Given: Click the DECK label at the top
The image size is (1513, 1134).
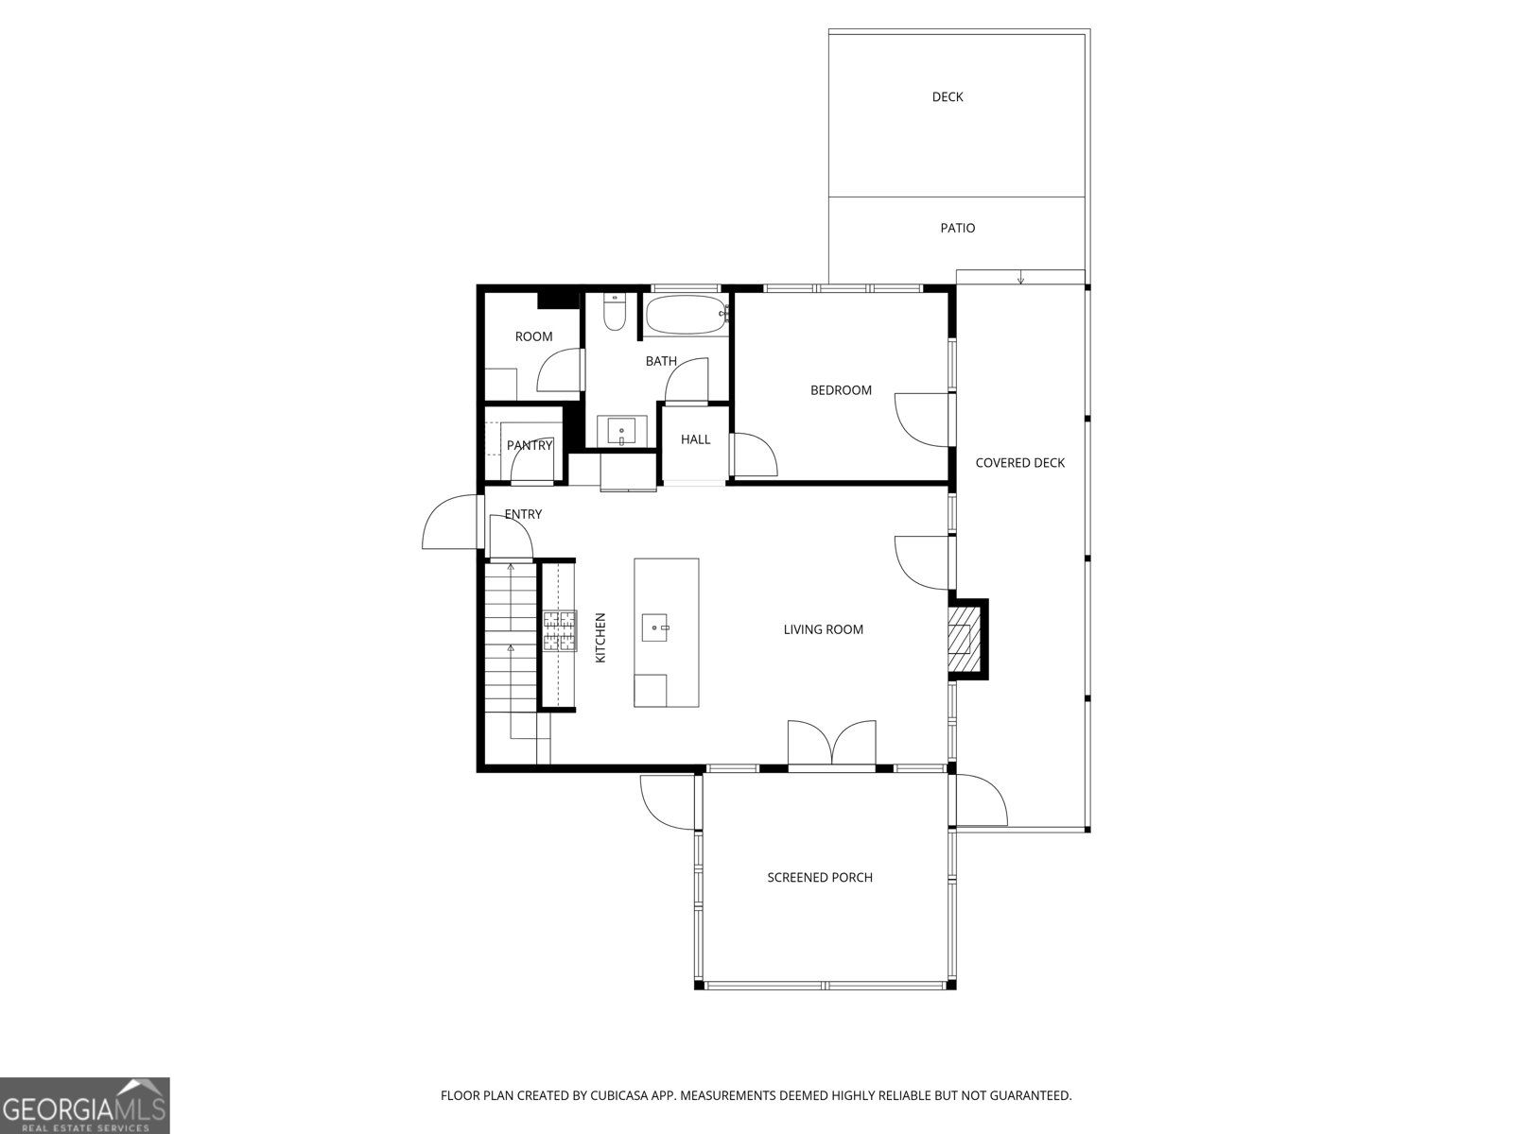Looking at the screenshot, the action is (948, 97).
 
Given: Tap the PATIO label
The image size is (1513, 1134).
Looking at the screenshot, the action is (957, 228).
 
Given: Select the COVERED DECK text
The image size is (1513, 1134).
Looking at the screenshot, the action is (1020, 463).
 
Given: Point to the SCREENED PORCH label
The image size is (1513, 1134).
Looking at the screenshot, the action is (820, 877).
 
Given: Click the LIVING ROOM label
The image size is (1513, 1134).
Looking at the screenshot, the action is (823, 629).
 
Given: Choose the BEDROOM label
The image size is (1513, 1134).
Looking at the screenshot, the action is (841, 390).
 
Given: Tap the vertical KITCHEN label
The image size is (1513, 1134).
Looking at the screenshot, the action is (600, 638).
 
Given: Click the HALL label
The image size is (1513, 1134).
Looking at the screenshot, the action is (695, 439).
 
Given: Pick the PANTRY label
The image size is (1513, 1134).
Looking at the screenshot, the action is (530, 445).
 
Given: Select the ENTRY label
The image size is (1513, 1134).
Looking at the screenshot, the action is (523, 514).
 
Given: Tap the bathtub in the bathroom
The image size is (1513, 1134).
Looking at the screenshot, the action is (686, 316).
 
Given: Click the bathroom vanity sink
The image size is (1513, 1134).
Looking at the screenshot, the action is (621, 432).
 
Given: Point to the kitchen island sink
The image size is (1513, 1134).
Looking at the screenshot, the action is (654, 627).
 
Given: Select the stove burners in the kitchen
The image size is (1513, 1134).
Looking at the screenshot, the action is (559, 630).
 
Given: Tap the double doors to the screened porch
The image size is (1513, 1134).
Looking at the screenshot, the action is (832, 744).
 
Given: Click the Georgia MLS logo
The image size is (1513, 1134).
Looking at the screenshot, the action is (85, 1106).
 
